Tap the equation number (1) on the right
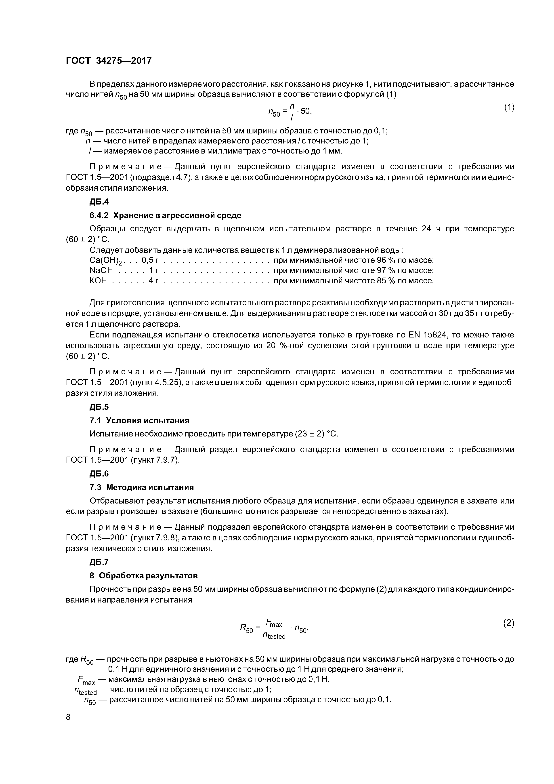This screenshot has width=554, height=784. pos(509,107)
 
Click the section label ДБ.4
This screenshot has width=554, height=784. pos(99,202)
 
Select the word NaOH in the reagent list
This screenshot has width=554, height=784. pos(101,271)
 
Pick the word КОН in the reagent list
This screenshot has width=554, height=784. pos(98,281)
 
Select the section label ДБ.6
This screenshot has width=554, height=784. pos(99,474)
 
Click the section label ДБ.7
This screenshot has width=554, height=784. pos(99,562)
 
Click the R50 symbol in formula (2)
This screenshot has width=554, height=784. pos(246,628)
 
